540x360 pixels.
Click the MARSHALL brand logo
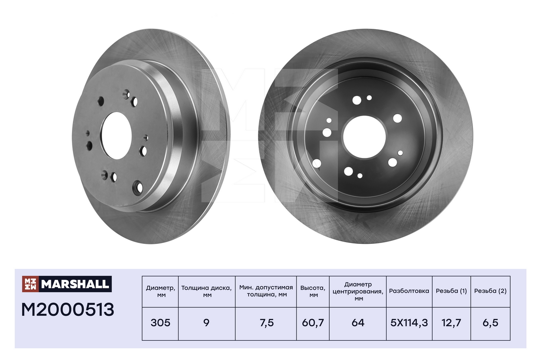pyautogui.click(x=67, y=284)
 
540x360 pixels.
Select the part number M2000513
pyautogui.click(x=68, y=310)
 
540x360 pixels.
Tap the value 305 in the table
pyautogui.click(x=160, y=323)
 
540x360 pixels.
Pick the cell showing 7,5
pyautogui.click(x=266, y=323)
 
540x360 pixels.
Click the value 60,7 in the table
pyautogui.click(x=313, y=323)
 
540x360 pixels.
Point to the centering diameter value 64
pyautogui.click(x=358, y=323)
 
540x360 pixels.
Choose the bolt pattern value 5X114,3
pyautogui.click(x=409, y=323)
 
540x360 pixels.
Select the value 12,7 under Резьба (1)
pyautogui.click(x=451, y=323)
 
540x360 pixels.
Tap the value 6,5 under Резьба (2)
pyautogui.click(x=490, y=323)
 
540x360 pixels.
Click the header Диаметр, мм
pyautogui.click(x=161, y=292)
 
